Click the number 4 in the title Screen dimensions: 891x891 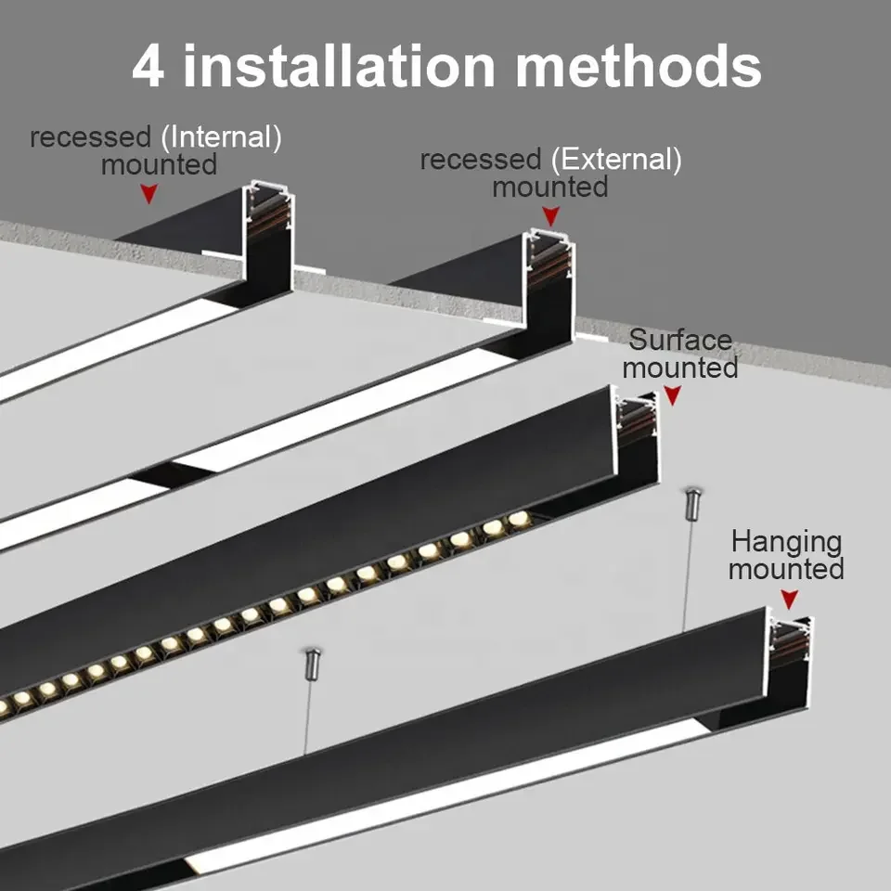147,66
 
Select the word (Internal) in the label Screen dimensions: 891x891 221,138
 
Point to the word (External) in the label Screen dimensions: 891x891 615,160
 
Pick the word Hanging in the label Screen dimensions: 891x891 786,541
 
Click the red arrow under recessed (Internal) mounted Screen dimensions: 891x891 148,193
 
